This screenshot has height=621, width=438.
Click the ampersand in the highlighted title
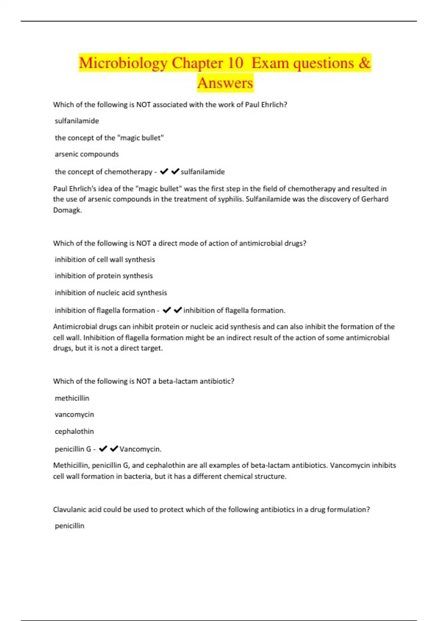[364, 63]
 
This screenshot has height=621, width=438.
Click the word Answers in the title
[225, 83]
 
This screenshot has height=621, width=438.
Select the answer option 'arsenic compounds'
[87, 154]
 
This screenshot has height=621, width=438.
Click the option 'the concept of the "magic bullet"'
[109, 138]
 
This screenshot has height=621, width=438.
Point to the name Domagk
[67, 210]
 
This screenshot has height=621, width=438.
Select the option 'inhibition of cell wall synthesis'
[105, 259]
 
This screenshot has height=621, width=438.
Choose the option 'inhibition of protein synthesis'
[104, 276]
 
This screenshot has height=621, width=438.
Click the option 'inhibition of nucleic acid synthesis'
[111, 293]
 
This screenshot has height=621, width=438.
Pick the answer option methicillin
[72, 398]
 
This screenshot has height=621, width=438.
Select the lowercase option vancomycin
[74, 415]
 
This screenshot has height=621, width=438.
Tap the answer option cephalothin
[74, 431]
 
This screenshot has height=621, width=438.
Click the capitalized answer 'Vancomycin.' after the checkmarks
[141, 449]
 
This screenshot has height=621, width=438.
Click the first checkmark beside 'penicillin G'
[103, 449]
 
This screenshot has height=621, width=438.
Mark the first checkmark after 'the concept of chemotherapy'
[164, 171]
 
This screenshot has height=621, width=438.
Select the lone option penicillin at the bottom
[69, 526]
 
